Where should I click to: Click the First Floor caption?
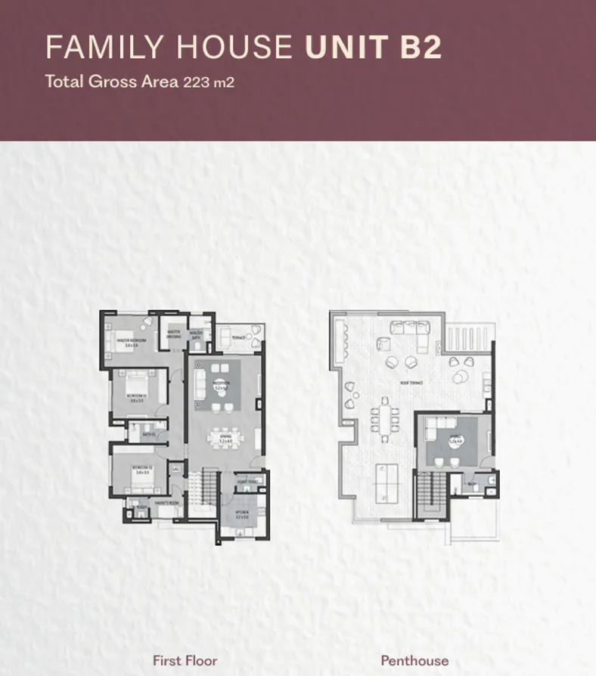pyautogui.click(x=185, y=661)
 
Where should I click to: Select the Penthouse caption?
pyautogui.click(x=414, y=661)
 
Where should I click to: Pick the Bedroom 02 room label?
pyautogui.click(x=142, y=468)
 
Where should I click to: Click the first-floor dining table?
pyautogui.click(x=225, y=440)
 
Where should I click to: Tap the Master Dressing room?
pyautogui.click(x=174, y=333)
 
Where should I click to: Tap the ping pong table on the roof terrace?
pyautogui.click(x=388, y=479)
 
